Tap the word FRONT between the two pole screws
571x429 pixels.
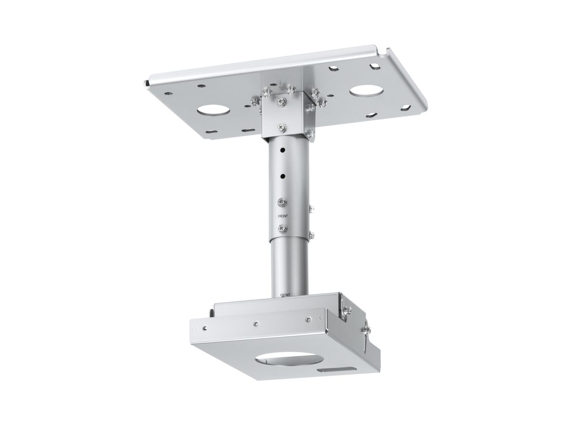(x=283, y=215)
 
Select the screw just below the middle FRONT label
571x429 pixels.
(x=283, y=228)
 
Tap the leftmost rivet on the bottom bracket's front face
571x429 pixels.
(x=205, y=328)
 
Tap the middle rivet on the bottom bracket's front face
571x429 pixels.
(x=256, y=324)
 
